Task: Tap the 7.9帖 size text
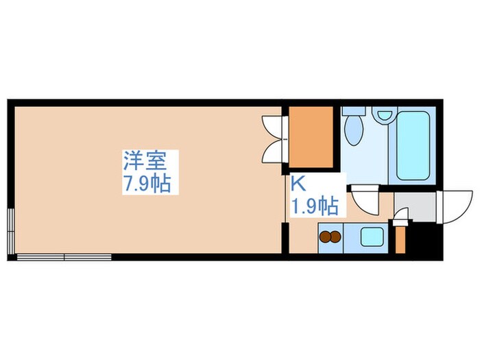[145, 184]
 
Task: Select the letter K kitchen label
[298, 183]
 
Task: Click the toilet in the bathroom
[354, 129]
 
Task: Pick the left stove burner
[325, 238]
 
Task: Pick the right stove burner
[335, 238]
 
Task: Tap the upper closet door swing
[274, 125]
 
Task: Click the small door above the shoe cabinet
[400, 219]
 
